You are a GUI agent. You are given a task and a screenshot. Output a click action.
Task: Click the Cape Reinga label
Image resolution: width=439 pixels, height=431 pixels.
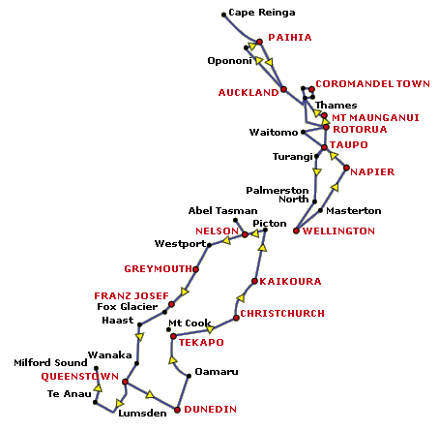tap(262, 13)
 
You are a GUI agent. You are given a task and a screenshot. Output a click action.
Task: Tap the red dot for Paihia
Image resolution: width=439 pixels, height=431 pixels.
tap(259, 42)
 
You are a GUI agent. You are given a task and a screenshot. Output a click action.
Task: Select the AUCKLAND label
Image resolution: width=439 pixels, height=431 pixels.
tap(249, 93)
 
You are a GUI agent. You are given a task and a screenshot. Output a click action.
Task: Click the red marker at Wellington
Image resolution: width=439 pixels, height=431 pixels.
tap(296, 231)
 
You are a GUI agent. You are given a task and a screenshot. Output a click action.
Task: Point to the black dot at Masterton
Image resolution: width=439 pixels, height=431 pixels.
tap(320, 210)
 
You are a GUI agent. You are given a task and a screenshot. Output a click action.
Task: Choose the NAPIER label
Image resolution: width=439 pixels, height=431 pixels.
tap(372, 171)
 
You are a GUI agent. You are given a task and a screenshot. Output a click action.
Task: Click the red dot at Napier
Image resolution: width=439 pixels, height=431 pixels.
tap(346, 168)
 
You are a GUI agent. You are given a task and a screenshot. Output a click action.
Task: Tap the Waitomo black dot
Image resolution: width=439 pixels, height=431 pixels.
tap(303, 132)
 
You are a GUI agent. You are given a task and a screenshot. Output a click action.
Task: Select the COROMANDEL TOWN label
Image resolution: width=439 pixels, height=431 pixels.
tap(373, 84)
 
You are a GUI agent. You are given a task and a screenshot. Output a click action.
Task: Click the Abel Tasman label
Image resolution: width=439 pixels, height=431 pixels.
tap(222, 211)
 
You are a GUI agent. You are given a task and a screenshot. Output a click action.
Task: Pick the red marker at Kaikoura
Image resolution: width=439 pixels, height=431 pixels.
tap(254, 281)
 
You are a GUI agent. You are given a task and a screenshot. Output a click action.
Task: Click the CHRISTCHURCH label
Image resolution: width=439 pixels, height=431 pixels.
tap(282, 314)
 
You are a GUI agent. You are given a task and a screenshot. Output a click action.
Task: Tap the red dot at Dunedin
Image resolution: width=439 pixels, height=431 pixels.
tap(177, 410)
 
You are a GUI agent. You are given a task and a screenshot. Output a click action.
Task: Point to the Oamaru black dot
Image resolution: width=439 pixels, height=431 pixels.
tap(189, 376)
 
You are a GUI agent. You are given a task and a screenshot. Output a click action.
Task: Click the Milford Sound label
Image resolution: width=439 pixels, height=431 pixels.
tap(50, 363)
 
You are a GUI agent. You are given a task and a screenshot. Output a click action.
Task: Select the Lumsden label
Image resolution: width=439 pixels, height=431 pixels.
tap(142, 414)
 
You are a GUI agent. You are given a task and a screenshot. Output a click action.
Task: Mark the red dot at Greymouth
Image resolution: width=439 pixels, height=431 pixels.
tap(195, 269)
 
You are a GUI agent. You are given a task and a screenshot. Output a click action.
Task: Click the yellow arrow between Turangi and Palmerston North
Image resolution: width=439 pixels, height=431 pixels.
tap(317, 171)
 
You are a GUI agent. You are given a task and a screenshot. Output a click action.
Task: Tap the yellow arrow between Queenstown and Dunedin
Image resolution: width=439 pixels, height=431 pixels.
tap(150, 394)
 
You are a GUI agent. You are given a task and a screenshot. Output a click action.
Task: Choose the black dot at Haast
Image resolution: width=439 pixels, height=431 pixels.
tap(139, 324)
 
